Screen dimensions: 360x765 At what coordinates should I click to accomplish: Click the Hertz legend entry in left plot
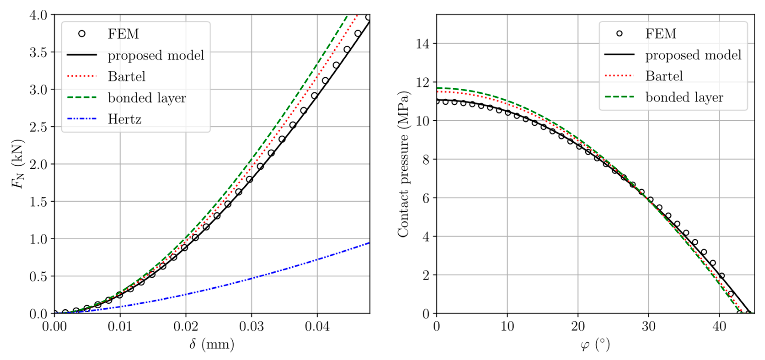[124, 119]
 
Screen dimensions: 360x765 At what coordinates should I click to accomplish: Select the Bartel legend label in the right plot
[664, 76]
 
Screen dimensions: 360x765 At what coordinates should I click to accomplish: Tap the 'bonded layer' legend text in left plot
[147, 98]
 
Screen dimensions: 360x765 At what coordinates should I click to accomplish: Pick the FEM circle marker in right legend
[619, 33]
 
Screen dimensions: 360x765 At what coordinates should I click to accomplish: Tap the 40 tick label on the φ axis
[719, 326]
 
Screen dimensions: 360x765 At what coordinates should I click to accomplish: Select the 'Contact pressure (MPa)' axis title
[403, 164]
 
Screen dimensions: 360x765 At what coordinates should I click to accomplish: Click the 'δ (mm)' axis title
[212, 344]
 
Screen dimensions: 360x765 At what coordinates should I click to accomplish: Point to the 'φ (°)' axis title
[595, 344]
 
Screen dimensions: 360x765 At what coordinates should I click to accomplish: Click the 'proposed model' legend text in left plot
[156, 55]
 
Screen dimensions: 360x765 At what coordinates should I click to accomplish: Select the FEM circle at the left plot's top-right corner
[368, 17]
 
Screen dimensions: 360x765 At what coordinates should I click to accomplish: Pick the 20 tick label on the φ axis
[578, 326]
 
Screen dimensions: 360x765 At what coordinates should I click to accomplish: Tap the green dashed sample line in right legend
[619, 97]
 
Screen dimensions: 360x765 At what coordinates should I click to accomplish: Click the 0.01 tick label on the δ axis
[120, 326]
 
